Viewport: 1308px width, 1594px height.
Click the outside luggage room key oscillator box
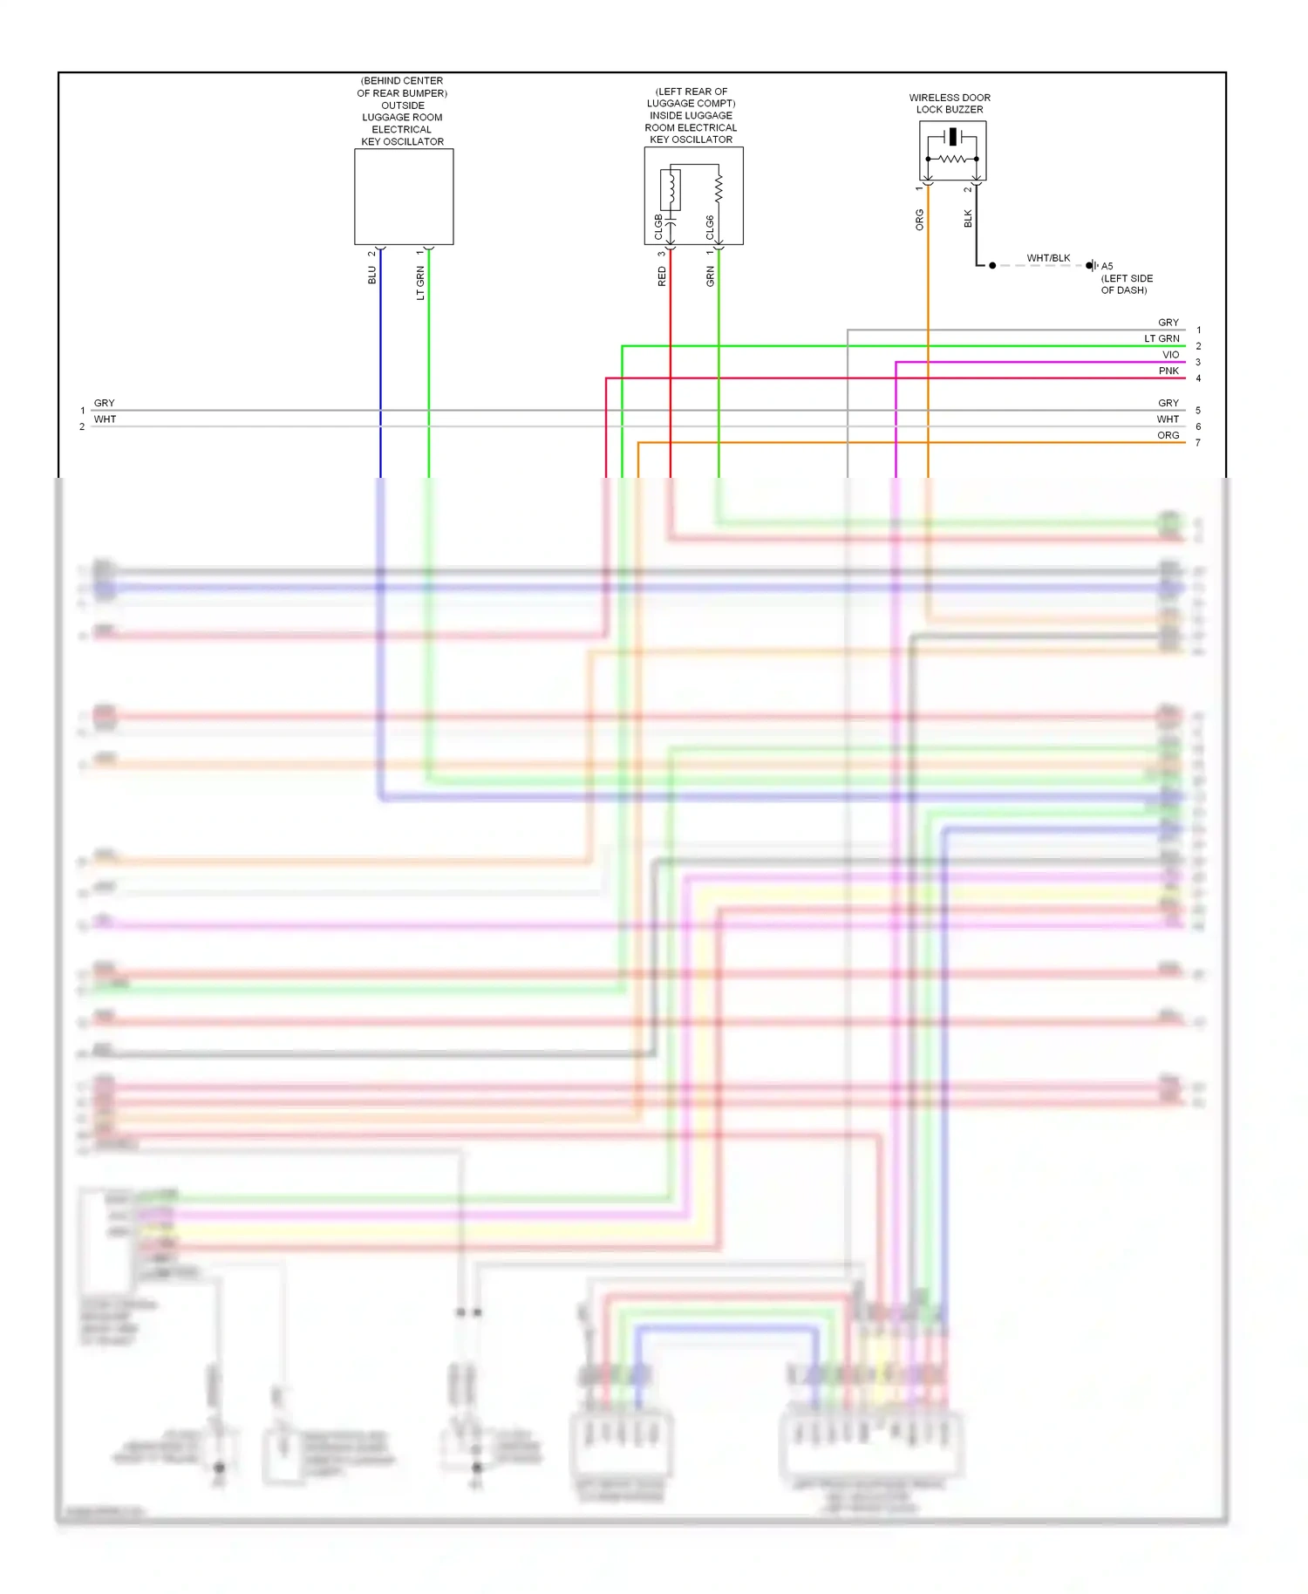pos(404,196)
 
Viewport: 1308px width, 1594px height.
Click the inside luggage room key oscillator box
pos(693,195)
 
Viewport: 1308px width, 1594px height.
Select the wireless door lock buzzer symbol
pos(952,151)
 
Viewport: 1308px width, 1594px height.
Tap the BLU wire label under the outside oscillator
pos(372,275)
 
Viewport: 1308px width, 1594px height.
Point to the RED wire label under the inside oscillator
pos(662,276)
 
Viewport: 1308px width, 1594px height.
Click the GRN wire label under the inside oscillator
pos(711,276)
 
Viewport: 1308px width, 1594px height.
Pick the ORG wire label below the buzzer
pos(920,220)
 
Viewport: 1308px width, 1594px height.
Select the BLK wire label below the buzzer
pos(968,219)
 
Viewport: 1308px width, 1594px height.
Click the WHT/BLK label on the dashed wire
pos(1048,258)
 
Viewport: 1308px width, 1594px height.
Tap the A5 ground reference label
pos(1107,266)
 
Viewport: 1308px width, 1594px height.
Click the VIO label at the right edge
pos(1170,355)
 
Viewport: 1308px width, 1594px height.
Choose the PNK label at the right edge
pos(1168,371)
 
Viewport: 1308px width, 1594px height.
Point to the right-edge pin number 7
pos(1198,443)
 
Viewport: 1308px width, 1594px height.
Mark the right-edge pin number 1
pos(1199,330)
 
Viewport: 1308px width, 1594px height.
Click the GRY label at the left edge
pos(105,403)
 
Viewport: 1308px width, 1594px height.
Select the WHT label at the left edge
pos(106,419)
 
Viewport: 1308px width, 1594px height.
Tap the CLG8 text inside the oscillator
pos(659,227)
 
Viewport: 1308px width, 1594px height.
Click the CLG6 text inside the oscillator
pos(710,227)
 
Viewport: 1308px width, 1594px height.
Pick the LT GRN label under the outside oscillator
pos(421,283)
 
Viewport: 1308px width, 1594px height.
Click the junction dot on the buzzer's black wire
pos(992,265)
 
